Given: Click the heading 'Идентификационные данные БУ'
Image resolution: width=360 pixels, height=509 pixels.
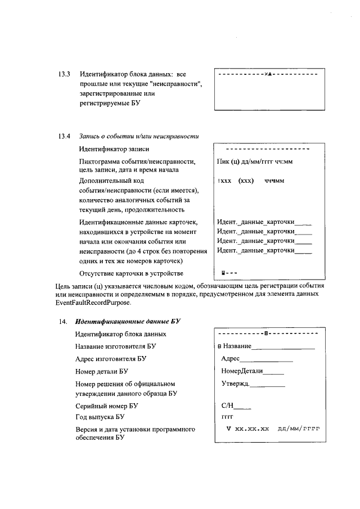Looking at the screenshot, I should (128, 322).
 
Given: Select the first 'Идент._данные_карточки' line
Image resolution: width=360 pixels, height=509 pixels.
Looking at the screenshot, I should (264, 222).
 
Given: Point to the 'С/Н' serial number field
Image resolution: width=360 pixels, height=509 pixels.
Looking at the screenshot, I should (228, 405).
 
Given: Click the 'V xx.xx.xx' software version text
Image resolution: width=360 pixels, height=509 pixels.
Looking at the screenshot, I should (247, 429).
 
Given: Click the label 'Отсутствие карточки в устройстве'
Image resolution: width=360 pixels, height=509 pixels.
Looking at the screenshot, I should (131, 274).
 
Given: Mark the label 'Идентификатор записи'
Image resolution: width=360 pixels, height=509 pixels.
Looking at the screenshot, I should (115, 149).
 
